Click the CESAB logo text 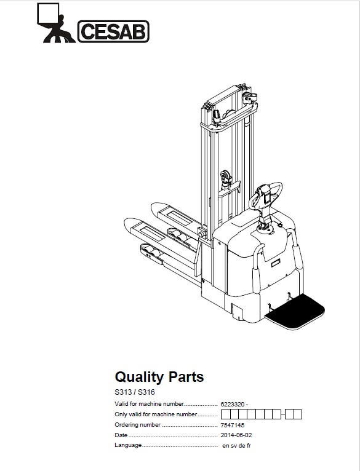point(113,31)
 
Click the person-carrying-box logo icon point(56,23)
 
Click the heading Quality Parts point(159,377)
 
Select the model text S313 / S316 point(135,392)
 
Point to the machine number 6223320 point(232,405)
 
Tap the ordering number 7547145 point(232,425)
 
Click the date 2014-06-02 point(236,435)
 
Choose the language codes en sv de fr point(236,446)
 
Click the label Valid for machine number point(149,404)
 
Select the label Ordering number point(137,425)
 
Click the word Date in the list point(121,435)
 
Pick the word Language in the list point(128,445)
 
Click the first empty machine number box point(225,414)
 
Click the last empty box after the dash point(298,414)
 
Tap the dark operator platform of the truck point(295,312)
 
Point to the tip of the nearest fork point(126,223)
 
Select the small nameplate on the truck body point(276,263)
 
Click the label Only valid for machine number point(156,414)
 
